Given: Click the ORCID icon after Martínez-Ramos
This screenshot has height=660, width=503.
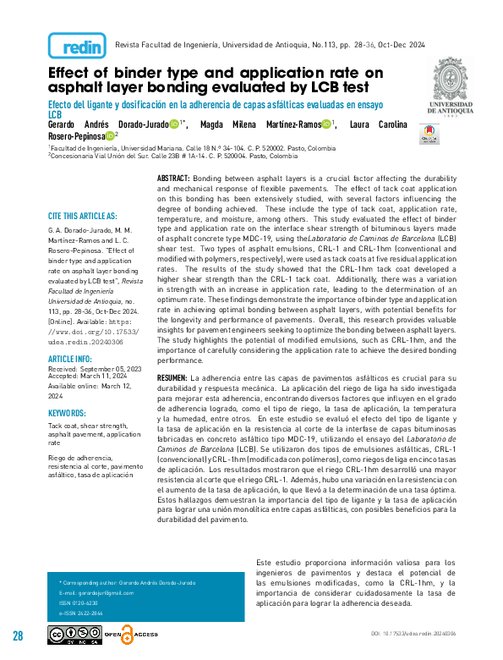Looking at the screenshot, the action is [x=326, y=124].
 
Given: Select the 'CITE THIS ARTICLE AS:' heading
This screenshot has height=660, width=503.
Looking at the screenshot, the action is [x=83, y=217].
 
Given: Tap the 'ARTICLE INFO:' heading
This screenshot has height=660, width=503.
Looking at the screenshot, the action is [x=70, y=358].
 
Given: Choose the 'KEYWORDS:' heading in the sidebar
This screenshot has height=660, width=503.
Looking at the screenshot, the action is [x=67, y=412].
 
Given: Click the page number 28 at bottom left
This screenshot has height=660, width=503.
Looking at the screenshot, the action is [x=18, y=635].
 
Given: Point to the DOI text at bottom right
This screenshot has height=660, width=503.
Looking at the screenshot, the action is [x=413, y=633].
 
